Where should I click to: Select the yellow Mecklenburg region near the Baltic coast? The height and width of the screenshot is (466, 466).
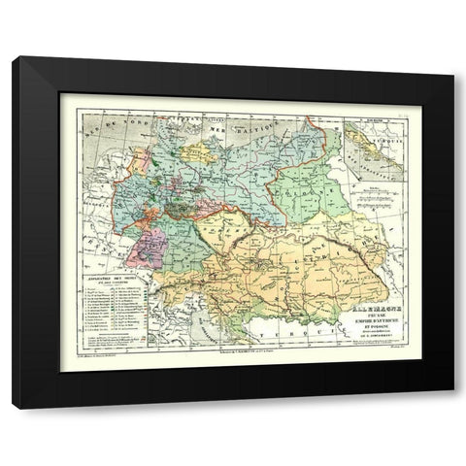pos(200,152)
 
